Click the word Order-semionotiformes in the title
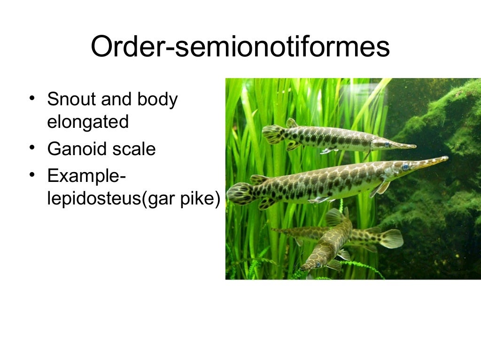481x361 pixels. pos(240,47)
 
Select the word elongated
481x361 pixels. pos(88,122)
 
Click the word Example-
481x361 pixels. pos(86,177)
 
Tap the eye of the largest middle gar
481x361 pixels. pos(405,166)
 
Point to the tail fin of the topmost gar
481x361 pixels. pos(272,133)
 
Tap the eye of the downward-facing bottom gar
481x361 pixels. pos(318,265)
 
